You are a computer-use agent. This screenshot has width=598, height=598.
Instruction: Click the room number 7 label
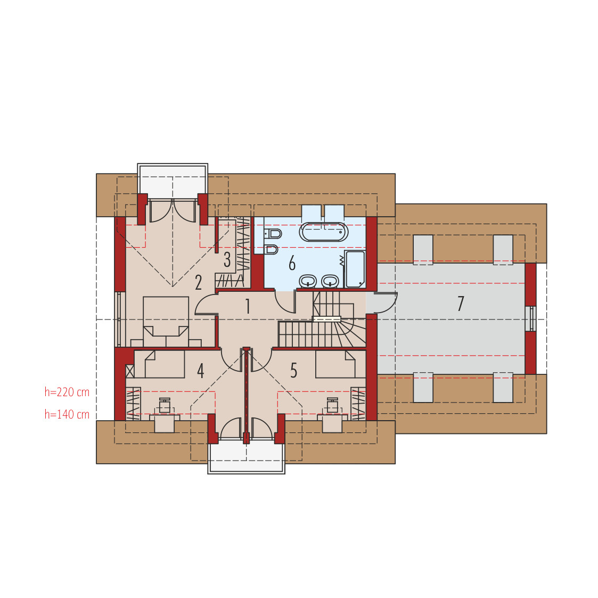click(461, 304)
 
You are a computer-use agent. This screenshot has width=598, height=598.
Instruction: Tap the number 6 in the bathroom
click(292, 263)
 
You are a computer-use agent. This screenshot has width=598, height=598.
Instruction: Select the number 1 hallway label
click(248, 306)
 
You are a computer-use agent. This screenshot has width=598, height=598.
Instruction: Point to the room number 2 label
click(198, 283)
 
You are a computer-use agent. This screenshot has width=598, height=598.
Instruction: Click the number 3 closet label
click(227, 260)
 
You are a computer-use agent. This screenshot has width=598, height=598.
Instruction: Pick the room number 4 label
click(201, 370)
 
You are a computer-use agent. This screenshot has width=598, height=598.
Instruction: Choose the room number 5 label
click(293, 370)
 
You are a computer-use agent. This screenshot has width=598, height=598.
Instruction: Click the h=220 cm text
click(67, 392)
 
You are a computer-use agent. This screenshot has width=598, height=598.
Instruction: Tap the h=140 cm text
click(67, 415)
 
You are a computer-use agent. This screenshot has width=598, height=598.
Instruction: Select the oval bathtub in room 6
click(323, 232)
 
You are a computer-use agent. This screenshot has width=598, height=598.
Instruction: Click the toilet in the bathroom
click(273, 233)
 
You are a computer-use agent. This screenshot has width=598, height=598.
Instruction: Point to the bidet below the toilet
click(272, 249)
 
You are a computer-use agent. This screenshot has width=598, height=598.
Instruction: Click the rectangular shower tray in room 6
click(355, 269)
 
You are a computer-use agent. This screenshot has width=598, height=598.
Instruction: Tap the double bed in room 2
click(166, 322)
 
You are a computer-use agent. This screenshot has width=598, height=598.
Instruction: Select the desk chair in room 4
click(165, 405)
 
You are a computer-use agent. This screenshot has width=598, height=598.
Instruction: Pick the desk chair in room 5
click(333, 405)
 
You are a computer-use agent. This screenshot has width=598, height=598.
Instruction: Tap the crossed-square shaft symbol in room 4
click(130, 371)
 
